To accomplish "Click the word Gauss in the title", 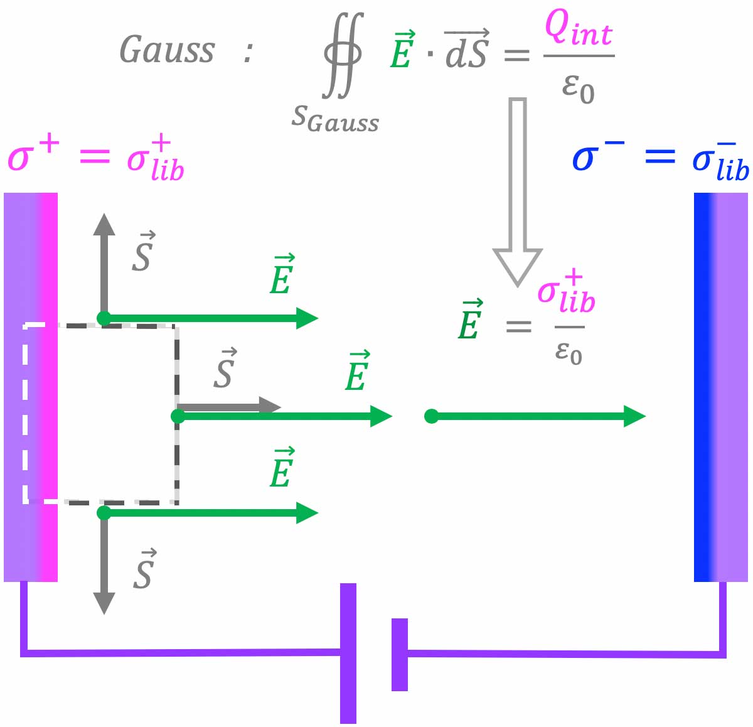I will (x=167, y=50).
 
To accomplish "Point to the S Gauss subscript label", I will (x=335, y=119).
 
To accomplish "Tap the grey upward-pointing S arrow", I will (x=104, y=264).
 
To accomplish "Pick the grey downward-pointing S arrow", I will (x=104, y=565).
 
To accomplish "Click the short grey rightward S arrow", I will (x=229, y=406).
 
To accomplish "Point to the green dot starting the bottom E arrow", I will (x=104, y=513).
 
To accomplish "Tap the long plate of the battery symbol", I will (x=348, y=653).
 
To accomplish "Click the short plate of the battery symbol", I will (x=400, y=654).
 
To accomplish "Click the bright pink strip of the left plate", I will (x=48, y=387).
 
